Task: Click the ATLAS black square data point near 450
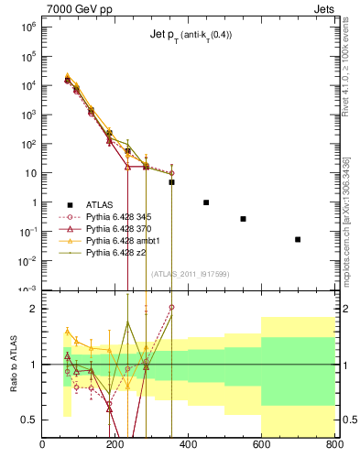coord(206,202)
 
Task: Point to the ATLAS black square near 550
coord(243,219)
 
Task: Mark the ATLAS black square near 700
coord(298,239)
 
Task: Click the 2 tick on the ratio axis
coord(33,309)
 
